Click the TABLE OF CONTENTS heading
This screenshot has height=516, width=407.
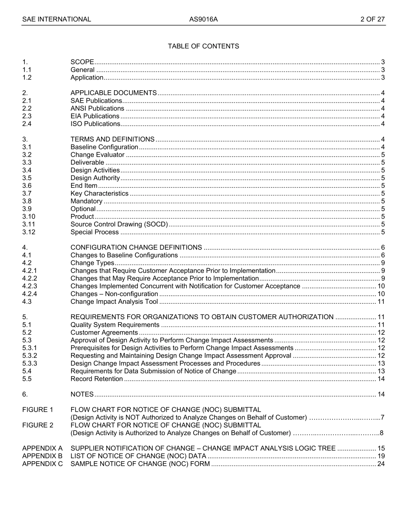[203, 46]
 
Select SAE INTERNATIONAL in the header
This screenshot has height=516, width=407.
[57, 19]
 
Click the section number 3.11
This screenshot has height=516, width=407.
[29, 224]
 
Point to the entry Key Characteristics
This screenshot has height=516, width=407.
[99, 193]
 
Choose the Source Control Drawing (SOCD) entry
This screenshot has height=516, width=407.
[119, 224]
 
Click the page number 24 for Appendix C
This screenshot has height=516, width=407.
[381, 464]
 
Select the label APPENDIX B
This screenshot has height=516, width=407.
[42, 456]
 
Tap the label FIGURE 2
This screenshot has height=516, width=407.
[38, 425]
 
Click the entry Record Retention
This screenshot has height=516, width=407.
[97, 379]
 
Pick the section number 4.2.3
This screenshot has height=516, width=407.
[30, 286]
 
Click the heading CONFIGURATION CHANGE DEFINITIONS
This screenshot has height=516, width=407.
[136, 247]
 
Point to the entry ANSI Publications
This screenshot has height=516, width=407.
[97, 108]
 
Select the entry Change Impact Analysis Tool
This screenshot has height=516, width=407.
[114, 302]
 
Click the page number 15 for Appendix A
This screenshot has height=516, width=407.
[381, 448]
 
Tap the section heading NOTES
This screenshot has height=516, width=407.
[82, 394]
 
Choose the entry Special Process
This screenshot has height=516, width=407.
[95, 232]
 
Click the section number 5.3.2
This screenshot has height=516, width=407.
[30, 356]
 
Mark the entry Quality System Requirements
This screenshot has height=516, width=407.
[115, 325]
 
